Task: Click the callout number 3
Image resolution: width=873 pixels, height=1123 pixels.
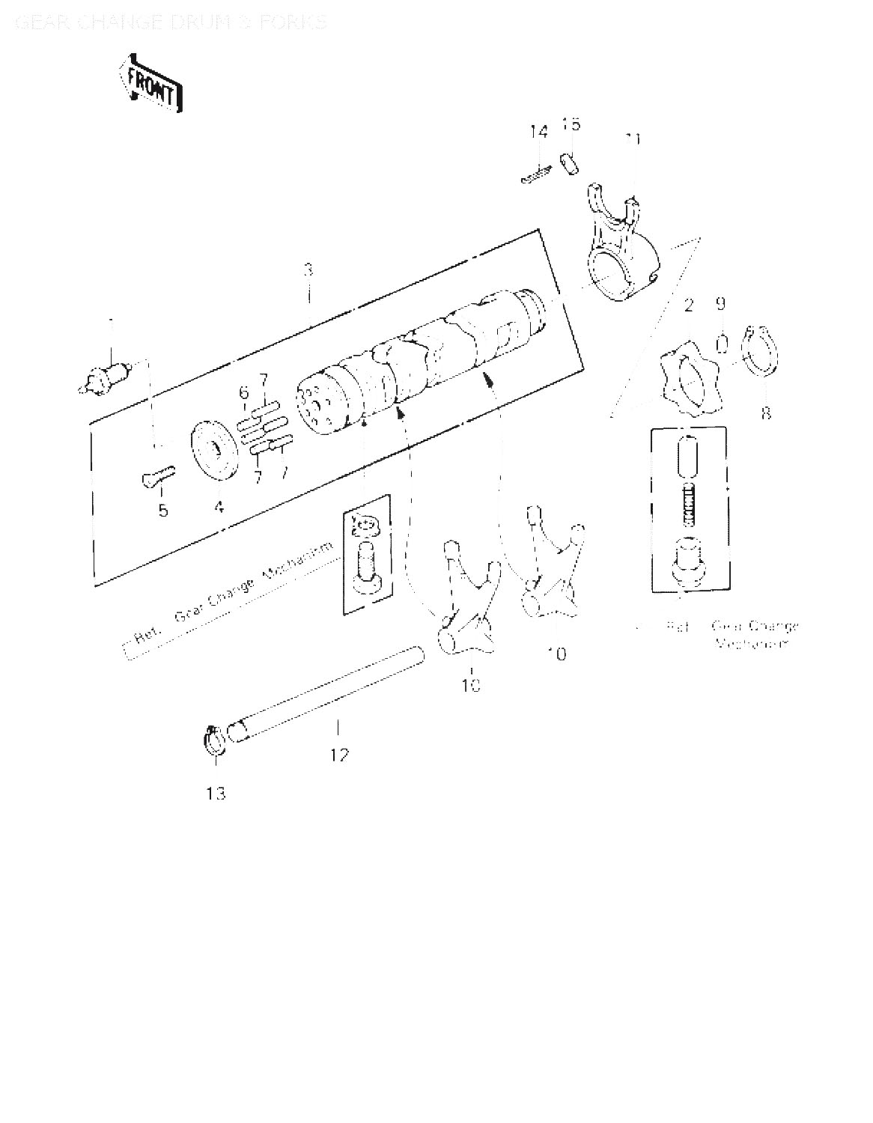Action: pyautogui.click(x=308, y=270)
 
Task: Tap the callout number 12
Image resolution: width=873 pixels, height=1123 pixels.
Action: pyautogui.click(x=339, y=755)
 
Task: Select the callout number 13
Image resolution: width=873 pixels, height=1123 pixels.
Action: pyautogui.click(x=216, y=794)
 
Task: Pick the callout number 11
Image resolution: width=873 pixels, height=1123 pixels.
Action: pyautogui.click(x=633, y=139)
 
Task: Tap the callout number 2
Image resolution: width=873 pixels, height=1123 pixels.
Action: pyautogui.click(x=689, y=304)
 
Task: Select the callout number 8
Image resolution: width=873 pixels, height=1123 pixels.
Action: pyautogui.click(x=765, y=412)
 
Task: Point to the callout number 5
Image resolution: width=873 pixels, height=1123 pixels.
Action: pyautogui.click(x=162, y=511)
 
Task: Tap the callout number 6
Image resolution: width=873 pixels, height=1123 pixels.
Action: pyautogui.click(x=244, y=392)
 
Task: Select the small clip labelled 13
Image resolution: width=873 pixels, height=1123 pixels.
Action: pyautogui.click(x=213, y=740)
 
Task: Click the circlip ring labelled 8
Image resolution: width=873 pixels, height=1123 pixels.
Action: pyautogui.click(x=759, y=350)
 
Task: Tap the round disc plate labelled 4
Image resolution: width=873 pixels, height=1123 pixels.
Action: pyautogui.click(x=213, y=452)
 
